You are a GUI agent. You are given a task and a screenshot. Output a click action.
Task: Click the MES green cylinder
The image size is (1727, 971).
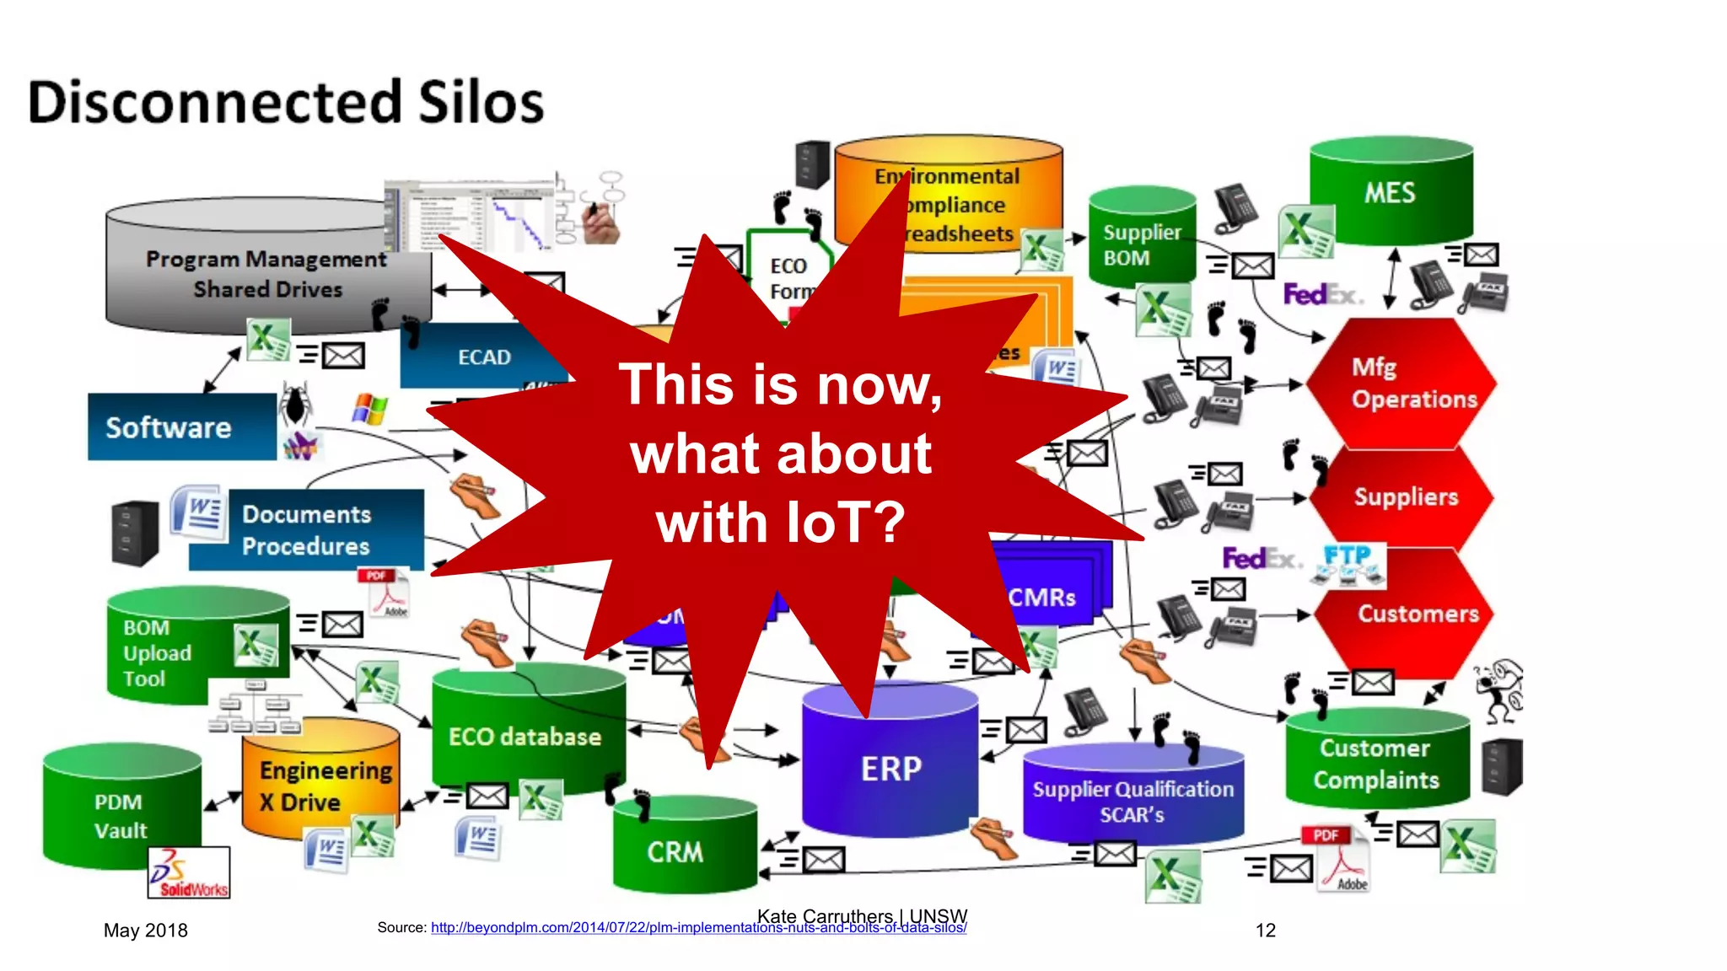(1391, 192)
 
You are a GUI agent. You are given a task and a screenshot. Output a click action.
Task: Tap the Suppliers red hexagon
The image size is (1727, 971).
(1405, 496)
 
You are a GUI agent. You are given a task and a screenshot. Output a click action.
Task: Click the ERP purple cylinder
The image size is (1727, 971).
(890, 768)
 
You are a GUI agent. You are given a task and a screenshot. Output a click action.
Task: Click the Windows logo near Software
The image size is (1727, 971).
(370, 410)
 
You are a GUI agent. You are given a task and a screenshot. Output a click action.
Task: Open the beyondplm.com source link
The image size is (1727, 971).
(698, 928)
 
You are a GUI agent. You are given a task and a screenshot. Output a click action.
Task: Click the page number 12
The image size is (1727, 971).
(1265, 931)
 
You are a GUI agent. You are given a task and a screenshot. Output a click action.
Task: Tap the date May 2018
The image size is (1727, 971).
(145, 931)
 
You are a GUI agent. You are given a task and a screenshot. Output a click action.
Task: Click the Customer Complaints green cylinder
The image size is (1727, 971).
(1376, 763)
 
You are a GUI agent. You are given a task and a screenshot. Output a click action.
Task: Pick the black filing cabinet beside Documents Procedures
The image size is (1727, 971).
(135, 533)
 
